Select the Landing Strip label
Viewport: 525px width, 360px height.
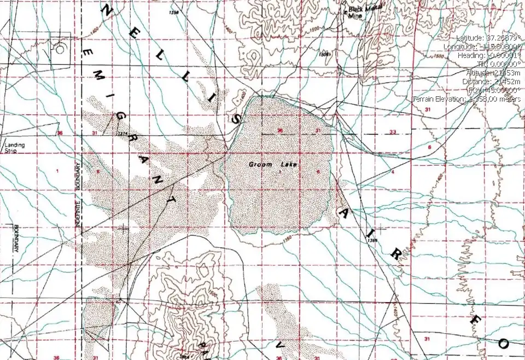(15, 148)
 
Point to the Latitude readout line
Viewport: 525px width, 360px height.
(488, 38)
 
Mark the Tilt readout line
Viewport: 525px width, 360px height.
(501, 64)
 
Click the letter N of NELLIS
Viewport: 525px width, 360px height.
(108, 10)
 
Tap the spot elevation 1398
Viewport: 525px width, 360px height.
(175, 12)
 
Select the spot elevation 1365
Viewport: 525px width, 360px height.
(372, 239)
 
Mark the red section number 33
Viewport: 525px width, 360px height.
(393, 132)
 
